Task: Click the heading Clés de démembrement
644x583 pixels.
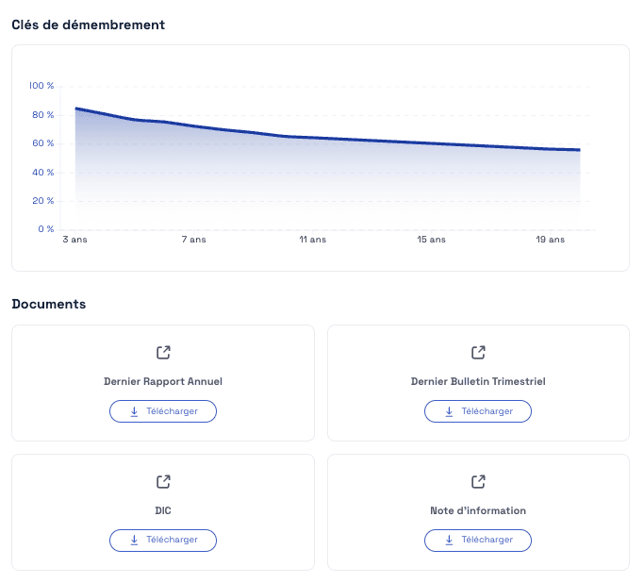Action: coord(88,25)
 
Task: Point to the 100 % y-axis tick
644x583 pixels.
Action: coord(41,86)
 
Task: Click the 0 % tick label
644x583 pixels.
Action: coord(45,229)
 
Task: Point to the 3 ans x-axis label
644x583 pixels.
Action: coord(74,241)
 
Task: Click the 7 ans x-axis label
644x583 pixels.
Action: coord(193,241)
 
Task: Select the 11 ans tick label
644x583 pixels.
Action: coord(312,241)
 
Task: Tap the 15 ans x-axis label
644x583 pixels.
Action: coord(432,241)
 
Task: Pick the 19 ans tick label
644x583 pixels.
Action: coord(551,241)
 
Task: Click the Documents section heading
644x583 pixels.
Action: coord(48,304)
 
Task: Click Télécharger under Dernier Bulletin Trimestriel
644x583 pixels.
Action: coord(478,411)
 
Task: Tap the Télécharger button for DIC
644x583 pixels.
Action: coord(163,540)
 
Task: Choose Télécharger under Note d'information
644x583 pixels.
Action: coord(478,540)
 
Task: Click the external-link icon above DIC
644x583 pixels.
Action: coord(163,482)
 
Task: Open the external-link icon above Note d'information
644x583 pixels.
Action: coord(478,482)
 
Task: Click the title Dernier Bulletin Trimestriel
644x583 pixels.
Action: coord(478,382)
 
